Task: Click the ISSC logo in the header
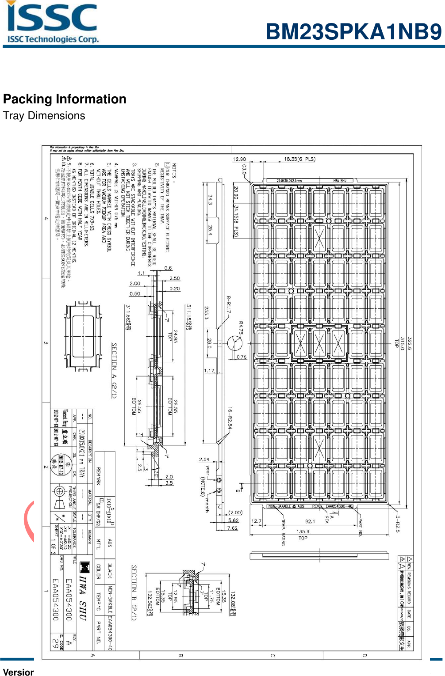tap(53, 23)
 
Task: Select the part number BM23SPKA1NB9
tap(353, 32)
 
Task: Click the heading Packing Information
tap(65, 99)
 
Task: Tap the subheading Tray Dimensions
tap(44, 116)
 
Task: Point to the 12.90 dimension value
tap(239, 159)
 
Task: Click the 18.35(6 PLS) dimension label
tap(299, 159)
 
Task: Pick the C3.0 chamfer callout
tap(244, 170)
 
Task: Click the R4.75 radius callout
tap(241, 328)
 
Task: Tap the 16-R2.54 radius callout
tap(230, 418)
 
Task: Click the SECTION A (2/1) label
tap(114, 370)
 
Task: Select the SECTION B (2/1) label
tap(134, 592)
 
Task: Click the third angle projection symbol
tap(59, 498)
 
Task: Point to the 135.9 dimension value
tap(303, 532)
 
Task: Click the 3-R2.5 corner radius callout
tap(397, 523)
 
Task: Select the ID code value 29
tap(55, 643)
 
